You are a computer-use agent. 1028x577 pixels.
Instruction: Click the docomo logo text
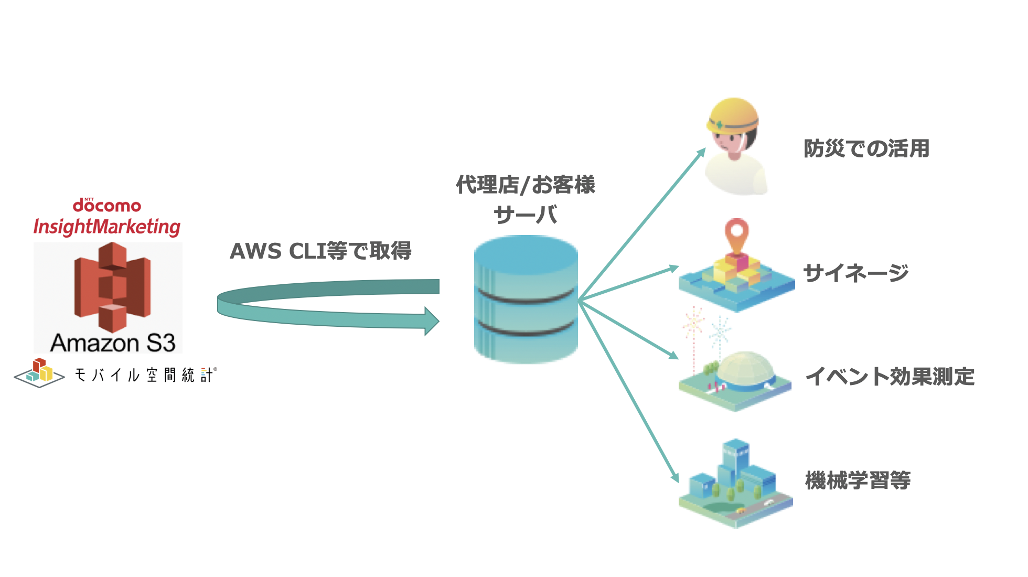[x=107, y=205]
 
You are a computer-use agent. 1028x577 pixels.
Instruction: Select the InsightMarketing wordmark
[x=107, y=227]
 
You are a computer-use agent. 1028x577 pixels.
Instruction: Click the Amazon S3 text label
[x=113, y=343]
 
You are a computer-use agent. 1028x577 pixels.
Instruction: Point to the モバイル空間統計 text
[x=145, y=375]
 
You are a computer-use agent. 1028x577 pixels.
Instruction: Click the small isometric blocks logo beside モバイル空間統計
[x=39, y=372]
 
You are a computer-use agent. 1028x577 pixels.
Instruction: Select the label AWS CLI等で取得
[x=320, y=251]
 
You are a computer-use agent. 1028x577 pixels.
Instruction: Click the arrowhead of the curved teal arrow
[x=431, y=321]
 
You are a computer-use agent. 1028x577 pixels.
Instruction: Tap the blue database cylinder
[x=526, y=299]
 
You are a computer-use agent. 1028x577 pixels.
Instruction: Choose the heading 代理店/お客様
[x=526, y=185]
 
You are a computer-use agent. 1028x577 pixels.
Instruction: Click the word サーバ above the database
[x=526, y=215]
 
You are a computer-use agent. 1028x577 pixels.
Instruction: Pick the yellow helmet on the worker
[x=732, y=116]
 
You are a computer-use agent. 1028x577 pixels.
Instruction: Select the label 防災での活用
[x=866, y=148]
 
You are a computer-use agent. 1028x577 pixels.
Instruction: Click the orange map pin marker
[x=737, y=233]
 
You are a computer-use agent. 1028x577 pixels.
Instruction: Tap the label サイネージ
[x=856, y=273]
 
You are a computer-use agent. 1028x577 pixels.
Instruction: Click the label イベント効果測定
[x=890, y=377]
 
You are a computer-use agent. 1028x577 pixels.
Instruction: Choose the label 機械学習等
[x=858, y=480]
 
